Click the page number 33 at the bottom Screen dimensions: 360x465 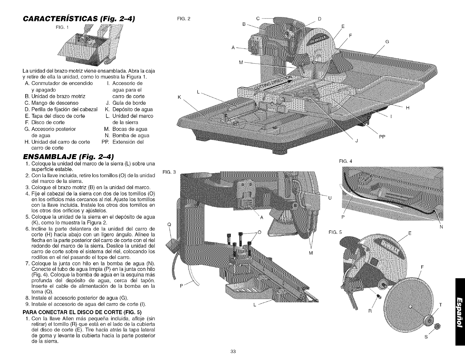233,351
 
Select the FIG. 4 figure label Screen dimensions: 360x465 345,161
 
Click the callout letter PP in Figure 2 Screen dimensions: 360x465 382,136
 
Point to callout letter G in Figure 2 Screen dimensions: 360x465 387,42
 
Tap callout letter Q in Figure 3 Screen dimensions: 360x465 168,224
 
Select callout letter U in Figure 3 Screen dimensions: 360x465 330,198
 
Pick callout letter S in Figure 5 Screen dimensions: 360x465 426,337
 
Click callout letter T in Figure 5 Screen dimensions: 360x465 440,304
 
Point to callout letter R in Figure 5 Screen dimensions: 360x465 370,311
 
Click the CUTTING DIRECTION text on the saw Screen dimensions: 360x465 273,82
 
